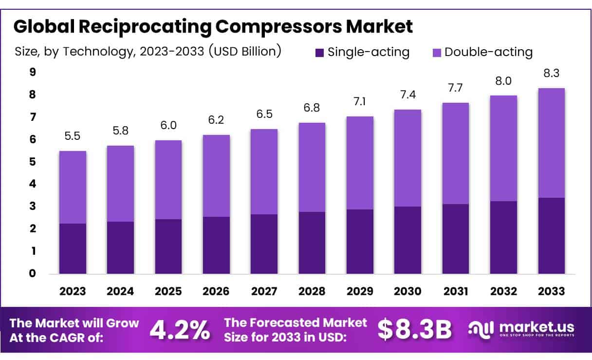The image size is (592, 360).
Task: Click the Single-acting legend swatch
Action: pos(319,53)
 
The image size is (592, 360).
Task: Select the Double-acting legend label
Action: pos(488,52)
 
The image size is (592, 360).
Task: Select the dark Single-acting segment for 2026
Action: pos(216,245)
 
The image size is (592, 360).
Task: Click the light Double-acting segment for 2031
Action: pos(456,153)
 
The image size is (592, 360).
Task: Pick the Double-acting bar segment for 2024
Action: pos(120,184)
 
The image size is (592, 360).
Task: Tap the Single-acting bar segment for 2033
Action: pos(552,236)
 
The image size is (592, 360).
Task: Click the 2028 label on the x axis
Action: pos(312,291)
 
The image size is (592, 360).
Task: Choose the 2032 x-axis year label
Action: pos(503,291)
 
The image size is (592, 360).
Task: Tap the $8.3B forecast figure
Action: pos(414,330)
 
